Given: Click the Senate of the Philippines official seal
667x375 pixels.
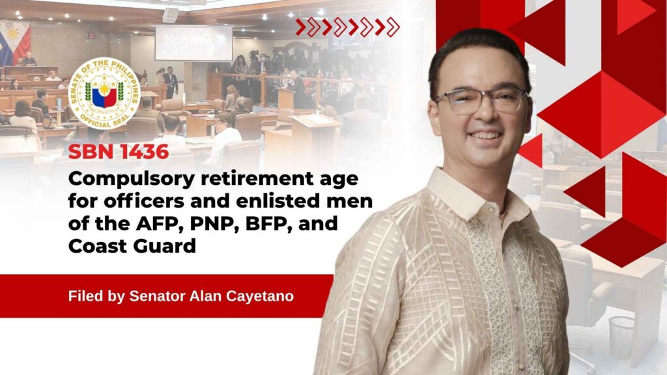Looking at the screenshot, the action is pyautogui.click(x=104, y=93).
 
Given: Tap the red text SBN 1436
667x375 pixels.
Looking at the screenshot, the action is pyautogui.click(x=119, y=152).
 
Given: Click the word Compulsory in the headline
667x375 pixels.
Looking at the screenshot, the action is pyautogui.click(x=132, y=180).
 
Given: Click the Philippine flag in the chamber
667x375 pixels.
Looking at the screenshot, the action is pyautogui.click(x=15, y=42).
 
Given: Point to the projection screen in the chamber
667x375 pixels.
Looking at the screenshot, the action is pyautogui.click(x=193, y=43).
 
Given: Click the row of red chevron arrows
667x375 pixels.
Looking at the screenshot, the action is pyautogui.click(x=348, y=27).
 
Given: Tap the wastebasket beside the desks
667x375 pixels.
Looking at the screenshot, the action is pyautogui.click(x=621, y=338).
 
